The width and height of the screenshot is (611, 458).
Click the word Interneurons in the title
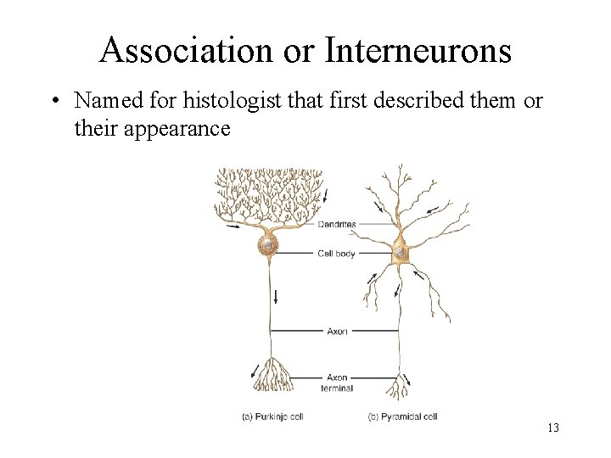point(418,51)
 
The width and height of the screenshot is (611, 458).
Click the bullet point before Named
point(53,101)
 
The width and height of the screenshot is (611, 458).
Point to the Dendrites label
point(337,225)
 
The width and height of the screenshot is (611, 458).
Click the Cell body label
point(336,254)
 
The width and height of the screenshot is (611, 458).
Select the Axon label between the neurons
point(337,332)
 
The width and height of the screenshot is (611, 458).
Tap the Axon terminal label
point(337,383)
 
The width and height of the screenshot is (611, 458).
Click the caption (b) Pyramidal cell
point(402,416)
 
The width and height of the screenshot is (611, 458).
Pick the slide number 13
point(552,427)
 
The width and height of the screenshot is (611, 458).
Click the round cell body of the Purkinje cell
point(269,245)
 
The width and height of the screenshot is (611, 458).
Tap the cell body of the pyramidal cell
point(400,252)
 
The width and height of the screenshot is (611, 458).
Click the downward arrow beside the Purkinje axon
point(276,297)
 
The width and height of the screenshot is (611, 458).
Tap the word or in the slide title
point(298,51)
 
